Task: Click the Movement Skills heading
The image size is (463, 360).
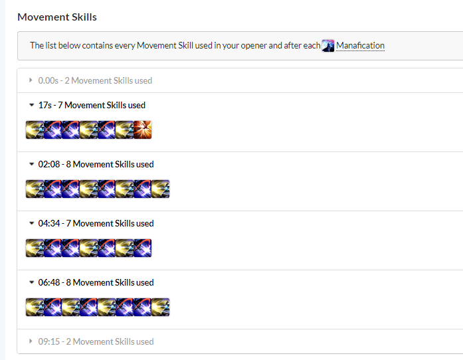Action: click(x=57, y=17)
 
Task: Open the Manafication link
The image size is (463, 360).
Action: click(x=360, y=46)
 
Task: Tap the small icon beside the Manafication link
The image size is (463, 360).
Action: click(x=328, y=46)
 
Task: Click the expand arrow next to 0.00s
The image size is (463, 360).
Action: click(x=31, y=80)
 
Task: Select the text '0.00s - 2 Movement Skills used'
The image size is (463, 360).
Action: click(x=95, y=80)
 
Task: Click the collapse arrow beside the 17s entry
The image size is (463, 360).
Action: click(x=31, y=105)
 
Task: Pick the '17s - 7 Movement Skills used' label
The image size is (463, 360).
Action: click(x=92, y=105)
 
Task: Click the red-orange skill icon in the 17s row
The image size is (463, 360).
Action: click(x=143, y=130)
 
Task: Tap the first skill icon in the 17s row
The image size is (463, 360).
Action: click(x=35, y=130)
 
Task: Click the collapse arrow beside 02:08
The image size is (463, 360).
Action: click(x=31, y=164)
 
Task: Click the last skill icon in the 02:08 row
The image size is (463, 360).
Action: click(x=161, y=189)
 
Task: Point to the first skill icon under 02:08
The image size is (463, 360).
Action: click(x=35, y=189)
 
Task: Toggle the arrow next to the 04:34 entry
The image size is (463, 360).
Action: click(x=31, y=223)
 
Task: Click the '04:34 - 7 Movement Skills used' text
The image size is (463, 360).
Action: click(x=96, y=223)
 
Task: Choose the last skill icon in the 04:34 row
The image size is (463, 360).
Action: click(x=143, y=248)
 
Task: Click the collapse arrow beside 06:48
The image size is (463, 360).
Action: click(x=31, y=282)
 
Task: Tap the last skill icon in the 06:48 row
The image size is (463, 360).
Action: click(x=161, y=307)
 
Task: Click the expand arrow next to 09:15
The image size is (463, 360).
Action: click(x=31, y=341)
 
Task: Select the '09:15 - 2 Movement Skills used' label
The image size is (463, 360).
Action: click(x=96, y=341)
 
